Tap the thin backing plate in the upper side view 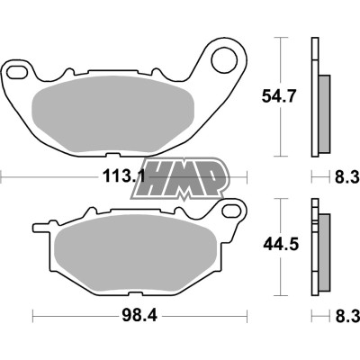point(314,99)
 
